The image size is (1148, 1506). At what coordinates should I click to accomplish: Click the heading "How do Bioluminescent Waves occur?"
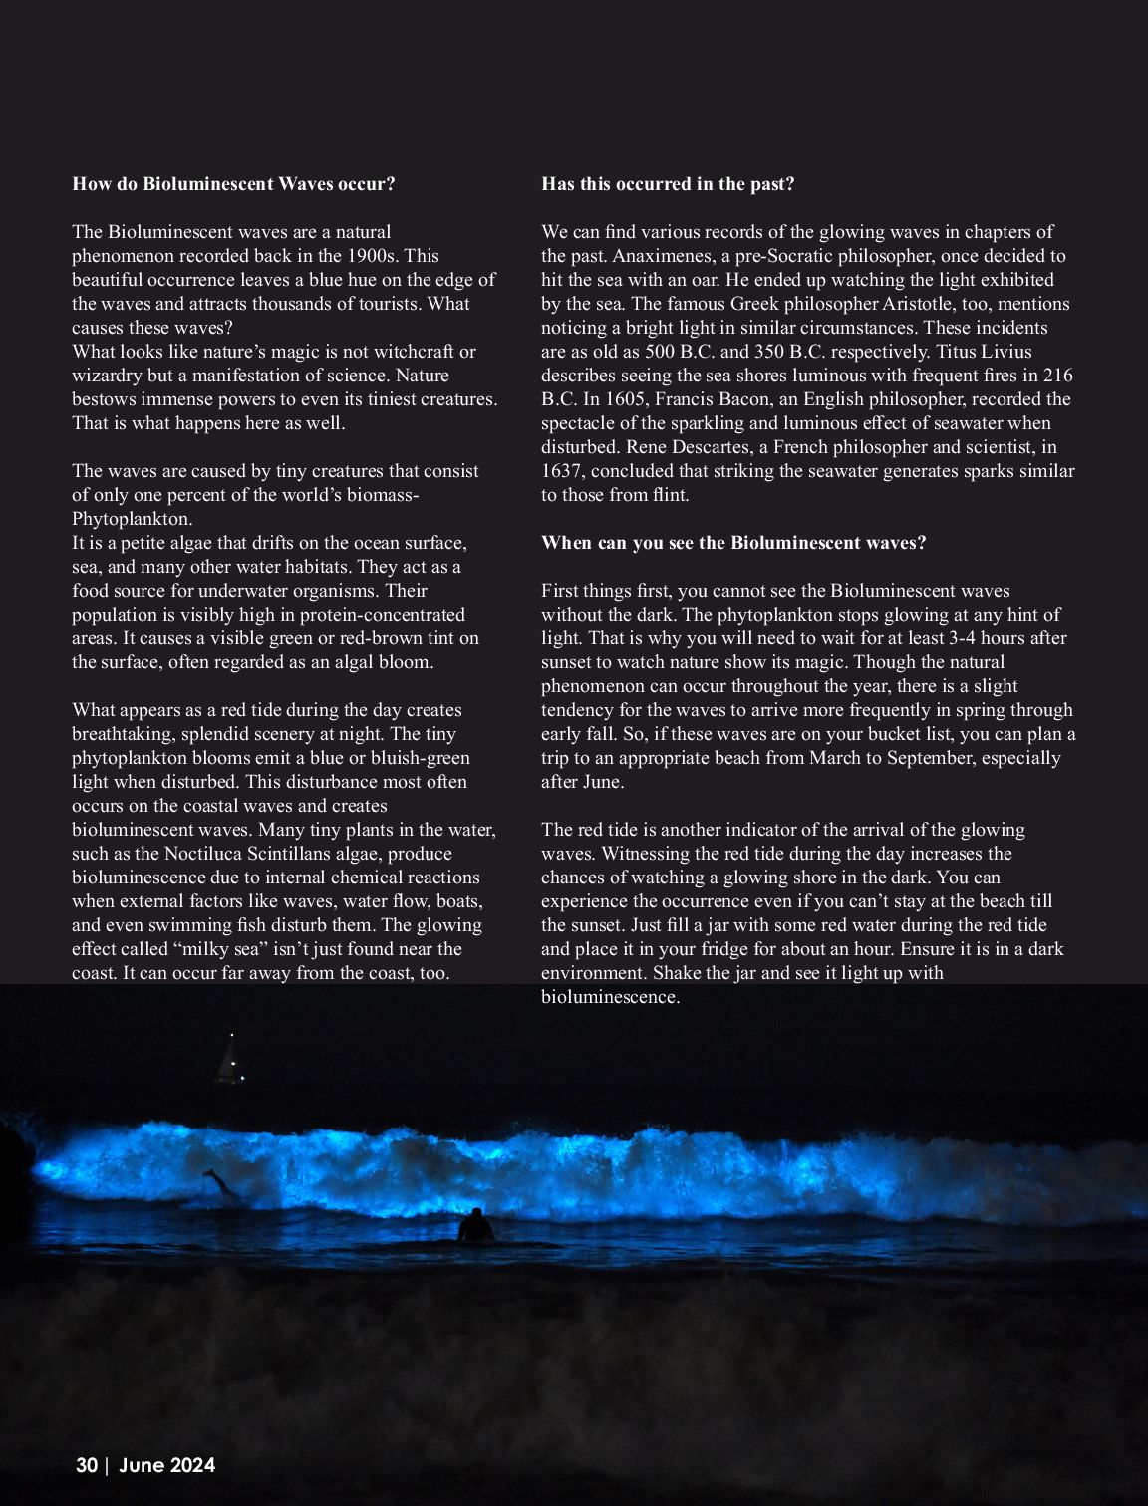[x=233, y=184]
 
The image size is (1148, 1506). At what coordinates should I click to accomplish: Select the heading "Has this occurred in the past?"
[x=668, y=184]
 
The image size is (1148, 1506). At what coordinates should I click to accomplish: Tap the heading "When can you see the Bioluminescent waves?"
[x=733, y=543]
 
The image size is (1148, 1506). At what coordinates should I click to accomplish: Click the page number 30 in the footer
[x=87, y=1465]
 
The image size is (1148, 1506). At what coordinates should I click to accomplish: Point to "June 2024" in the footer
[x=166, y=1465]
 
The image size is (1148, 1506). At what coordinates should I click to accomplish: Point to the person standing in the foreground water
[x=476, y=1226]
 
